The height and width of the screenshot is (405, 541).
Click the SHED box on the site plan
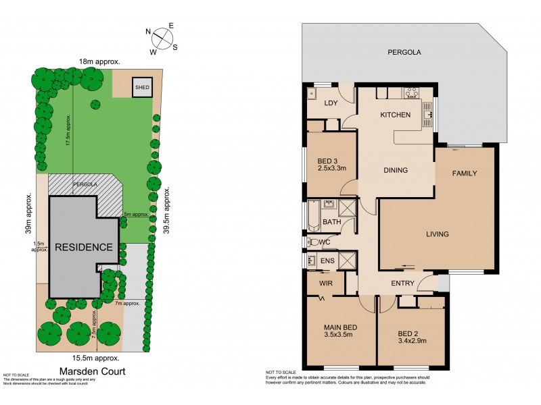[142, 87]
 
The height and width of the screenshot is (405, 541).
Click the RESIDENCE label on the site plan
[83, 247]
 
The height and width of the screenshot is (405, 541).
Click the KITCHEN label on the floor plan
[395, 115]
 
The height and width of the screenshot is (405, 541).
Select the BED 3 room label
[331, 164]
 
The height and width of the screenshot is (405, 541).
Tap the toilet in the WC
[314, 242]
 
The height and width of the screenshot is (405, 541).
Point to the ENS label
[327, 261]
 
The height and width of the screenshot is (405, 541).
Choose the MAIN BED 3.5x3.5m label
[340, 332]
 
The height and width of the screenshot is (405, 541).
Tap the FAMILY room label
[465, 173]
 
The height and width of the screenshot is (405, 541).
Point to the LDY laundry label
[330, 103]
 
